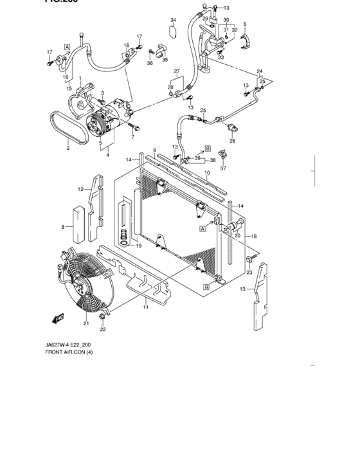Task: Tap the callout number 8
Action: (x=62, y=227)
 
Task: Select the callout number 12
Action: (x=81, y=189)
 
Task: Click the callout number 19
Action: (x=136, y=246)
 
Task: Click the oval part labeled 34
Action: (x=172, y=30)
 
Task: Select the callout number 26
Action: (x=232, y=141)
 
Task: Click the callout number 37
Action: (x=224, y=168)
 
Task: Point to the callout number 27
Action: (x=177, y=71)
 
